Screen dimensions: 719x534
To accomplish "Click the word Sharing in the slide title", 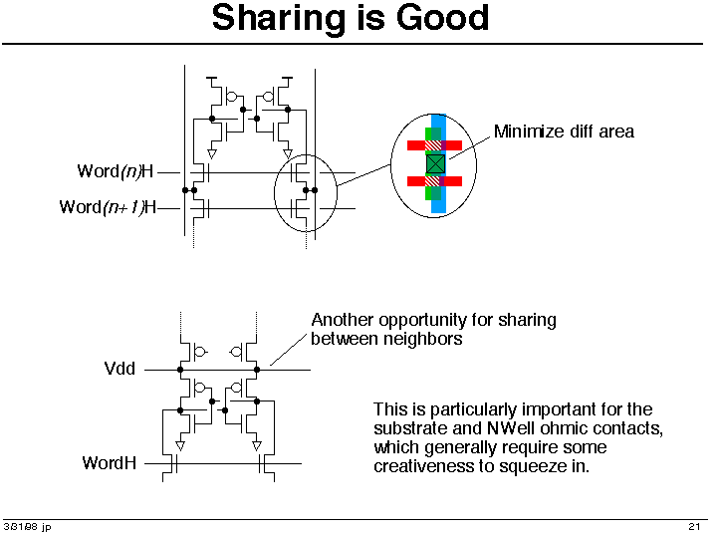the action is [278, 18].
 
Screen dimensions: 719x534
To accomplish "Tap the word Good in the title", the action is [442, 17].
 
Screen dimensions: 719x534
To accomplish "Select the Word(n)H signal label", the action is [115, 171].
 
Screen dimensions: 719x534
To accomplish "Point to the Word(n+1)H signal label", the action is [108, 207].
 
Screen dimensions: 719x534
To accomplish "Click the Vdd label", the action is [120, 369].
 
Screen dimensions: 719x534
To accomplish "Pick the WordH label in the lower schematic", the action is [110, 463].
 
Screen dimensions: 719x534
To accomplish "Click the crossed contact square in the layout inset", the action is [435, 163].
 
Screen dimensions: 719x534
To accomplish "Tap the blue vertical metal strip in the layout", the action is [438, 163].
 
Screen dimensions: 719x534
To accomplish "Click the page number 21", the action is [694, 526].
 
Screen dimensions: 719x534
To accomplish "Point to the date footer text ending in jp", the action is [27, 527].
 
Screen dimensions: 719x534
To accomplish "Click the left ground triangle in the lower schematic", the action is [180, 446].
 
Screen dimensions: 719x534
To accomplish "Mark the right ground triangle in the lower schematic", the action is [257, 446].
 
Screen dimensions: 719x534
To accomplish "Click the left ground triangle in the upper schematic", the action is [212, 153].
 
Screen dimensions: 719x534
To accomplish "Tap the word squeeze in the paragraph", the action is [532, 467].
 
